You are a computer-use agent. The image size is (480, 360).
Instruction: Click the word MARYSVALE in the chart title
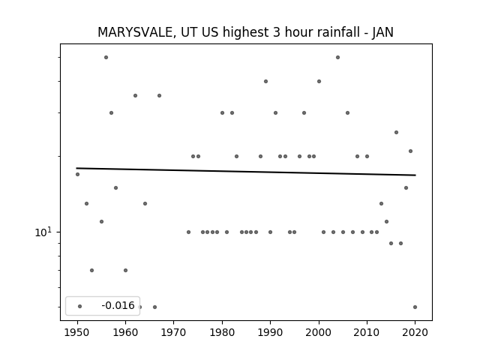pyautogui.click(x=136, y=32)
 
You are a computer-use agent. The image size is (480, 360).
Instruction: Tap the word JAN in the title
pyautogui.click(x=382, y=32)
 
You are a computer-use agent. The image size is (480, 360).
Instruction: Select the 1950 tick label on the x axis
pyautogui.click(x=77, y=332)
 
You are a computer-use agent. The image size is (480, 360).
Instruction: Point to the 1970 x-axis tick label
pyautogui.click(x=173, y=332)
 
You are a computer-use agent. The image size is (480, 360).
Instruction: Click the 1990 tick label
pyautogui.click(x=270, y=332)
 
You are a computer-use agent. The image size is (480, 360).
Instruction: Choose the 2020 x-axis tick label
pyautogui.click(x=415, y=332)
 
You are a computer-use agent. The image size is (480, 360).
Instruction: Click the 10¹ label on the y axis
pyautogui.click(x=43, y=232)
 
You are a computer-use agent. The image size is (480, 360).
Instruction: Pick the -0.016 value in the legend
pyautogui.click(x=118, y=305)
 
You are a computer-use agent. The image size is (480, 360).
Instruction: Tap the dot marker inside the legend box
pyautogui.click(x=80, y=307)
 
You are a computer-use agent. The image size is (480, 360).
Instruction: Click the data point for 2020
pyautogui.click(x=415, y=307)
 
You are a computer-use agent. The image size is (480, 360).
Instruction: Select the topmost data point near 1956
pyautogui.click(x=106, y=57)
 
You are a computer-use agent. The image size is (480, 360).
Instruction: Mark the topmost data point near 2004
pyautogui.click(x=337, y=57)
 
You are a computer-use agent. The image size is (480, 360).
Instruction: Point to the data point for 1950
pyautogui.click(x=77, y=174)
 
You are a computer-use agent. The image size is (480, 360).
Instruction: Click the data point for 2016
pyautogui.click(x=396, y=132)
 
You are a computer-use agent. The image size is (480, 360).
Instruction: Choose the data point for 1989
pyautogui.click(x=265, y=82)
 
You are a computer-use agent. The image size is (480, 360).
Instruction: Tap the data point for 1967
pyautogui.click(x=159, y=95)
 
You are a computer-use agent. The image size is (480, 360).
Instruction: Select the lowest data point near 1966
pyautogui.click(x=154, y=307)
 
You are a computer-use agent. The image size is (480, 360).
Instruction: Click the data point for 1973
pyautogui.click(x=188, y=232)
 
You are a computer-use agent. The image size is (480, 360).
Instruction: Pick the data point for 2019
pyautogui.click(x=410, y=151)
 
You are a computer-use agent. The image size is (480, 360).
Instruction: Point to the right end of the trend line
pyautogui.click(x=415, y=175)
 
